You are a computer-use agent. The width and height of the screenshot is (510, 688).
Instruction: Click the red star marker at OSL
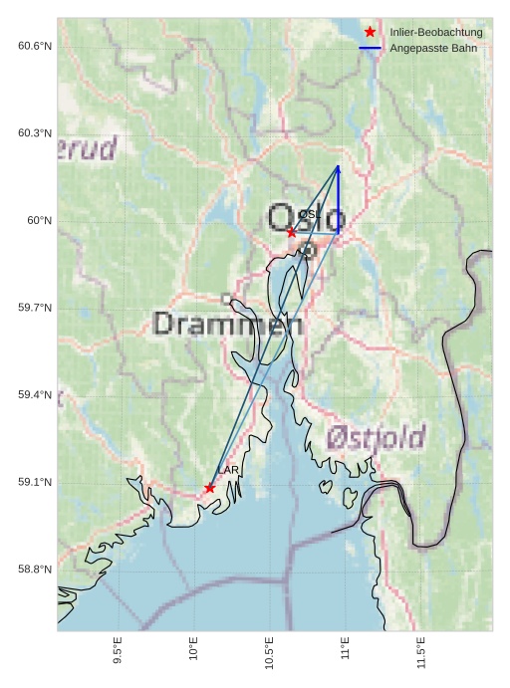291,232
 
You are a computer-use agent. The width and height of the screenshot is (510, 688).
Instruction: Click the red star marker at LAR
209,488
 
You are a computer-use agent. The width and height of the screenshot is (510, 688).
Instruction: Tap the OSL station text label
308,215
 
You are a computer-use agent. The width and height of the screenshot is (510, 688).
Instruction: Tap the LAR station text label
228,470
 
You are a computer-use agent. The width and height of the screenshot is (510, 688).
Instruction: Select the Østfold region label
376,436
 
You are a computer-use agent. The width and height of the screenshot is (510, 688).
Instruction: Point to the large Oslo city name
307,217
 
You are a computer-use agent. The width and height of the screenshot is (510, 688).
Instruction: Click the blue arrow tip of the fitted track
339,167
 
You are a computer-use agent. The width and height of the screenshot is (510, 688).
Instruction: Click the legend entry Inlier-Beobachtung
436,33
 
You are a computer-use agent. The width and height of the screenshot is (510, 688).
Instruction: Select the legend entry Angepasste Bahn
432,48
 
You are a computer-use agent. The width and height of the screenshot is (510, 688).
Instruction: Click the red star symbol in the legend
371,33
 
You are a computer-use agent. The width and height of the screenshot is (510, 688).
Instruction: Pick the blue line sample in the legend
371,48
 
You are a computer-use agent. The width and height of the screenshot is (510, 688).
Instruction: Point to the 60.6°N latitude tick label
34,46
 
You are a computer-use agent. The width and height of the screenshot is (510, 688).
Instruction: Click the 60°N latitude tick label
39,220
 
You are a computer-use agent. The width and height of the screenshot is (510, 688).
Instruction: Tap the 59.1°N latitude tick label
34,482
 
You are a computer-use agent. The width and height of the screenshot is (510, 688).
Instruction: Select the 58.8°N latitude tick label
34,570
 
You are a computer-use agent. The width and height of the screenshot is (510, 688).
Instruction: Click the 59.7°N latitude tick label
34,308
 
